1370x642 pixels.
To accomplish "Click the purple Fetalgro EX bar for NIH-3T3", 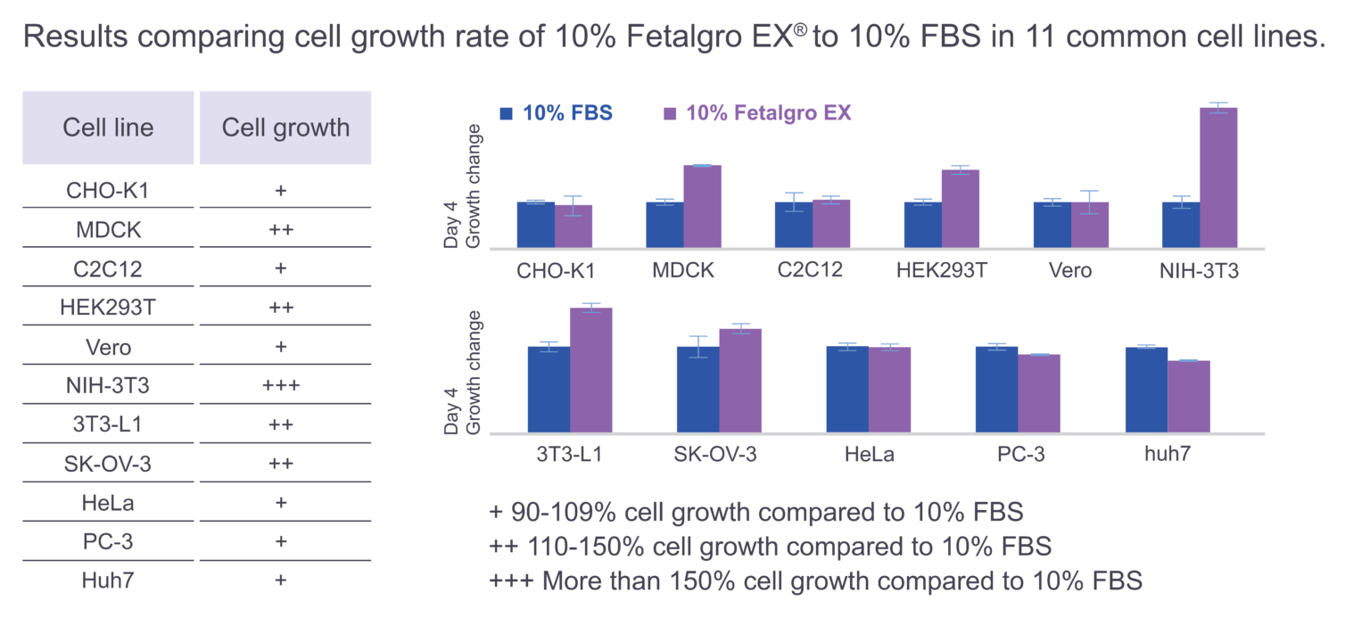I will pyautogui.click(x=1218, y=177).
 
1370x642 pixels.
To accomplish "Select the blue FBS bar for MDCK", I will pyautogui.click(x=664, y=225).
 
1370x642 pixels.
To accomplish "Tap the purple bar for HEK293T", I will pyautogui.click(x=960, y=209).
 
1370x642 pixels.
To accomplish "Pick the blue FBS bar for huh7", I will pyautogui.click(x=1146, y=390).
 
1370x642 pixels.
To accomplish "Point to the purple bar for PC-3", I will pyautogui.click(x=1038, y=393).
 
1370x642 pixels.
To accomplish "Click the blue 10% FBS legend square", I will pyautogui.click(x=507, y=113).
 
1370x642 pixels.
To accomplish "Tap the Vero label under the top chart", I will pyautogui.click(x=1070, y=270).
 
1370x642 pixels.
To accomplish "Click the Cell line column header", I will pyautogui.click(x=108, y=128).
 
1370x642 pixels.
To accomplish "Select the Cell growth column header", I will pyautogui.click(x=285, y=128).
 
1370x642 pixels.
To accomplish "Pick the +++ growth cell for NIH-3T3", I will pyautogui.click(x=281, y=386).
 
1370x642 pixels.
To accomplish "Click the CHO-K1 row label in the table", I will pyautogui.click(x=108, y=191).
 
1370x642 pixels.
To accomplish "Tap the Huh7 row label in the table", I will pyautogui.click(x=108, y=580).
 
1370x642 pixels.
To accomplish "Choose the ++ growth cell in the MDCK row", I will pyautogui.click(x=281, y=230).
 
